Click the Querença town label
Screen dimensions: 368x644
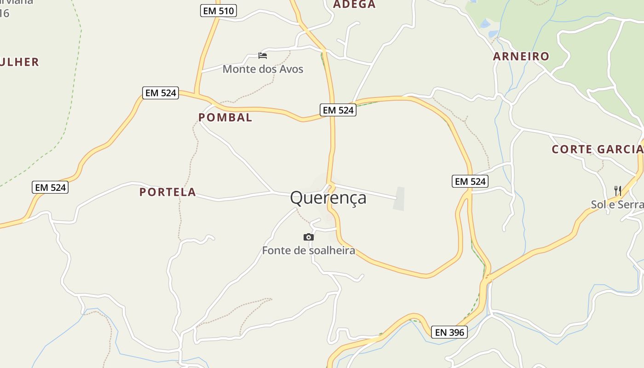(328, 198)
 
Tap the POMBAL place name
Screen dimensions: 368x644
(225, 118)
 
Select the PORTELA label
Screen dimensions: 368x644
(167, 192)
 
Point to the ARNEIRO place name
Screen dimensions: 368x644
(521, 57)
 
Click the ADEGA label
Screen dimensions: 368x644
(354, 5)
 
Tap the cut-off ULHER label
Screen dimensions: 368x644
(19, 62)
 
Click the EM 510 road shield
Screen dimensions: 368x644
(218, 11)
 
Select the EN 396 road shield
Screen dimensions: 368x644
(449, 332)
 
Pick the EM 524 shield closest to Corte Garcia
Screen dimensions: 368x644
(470, 182)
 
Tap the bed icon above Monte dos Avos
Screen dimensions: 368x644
(263, 56)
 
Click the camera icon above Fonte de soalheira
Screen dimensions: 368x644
(309, 237)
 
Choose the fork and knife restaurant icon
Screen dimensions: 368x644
(618, 190)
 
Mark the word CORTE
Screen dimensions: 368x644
(571, 149)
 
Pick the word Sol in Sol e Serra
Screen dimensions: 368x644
(598, 205)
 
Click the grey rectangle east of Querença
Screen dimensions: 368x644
(399, 199)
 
